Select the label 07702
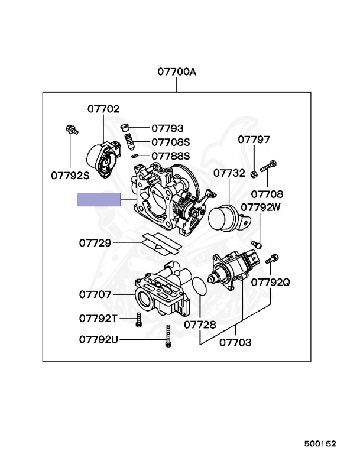[x=103, y=109]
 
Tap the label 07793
[x=167, y=128]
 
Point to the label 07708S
[x=170, y=142]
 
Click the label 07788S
[x=170, y=156]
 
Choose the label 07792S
[x=69, y=175]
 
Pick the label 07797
[x=254, y=140]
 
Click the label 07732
[x=229, y=173]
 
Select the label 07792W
[x=261, y=207]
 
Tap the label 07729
[x=95, y=242]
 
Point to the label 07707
[x=95, y=294]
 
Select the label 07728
[x=199, y=325]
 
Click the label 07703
[x=235, y=342]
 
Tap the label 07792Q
[x=271, y=282]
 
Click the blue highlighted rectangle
[x=99, y=199]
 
